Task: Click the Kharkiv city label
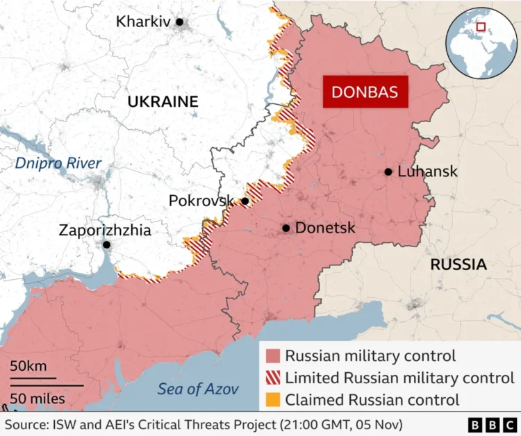(143, 22)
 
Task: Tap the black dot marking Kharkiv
(179, 22)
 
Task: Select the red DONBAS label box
(365, 92)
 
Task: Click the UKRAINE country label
(163, 102)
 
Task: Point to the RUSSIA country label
(458, 265)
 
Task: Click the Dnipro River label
(58, 164)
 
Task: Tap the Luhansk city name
(427, 171)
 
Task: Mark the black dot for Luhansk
(388, 172)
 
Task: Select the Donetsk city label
(325, 228)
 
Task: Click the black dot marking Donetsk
(286, 228)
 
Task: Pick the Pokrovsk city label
(201, 201)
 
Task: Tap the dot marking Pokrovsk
(245, 201)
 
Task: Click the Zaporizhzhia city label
(104, 230)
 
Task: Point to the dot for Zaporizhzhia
(106, 245)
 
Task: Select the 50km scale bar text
(28, 366)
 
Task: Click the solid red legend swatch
(273, 357)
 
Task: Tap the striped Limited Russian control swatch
(273, 378)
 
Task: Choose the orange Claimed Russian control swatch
(273, 400)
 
